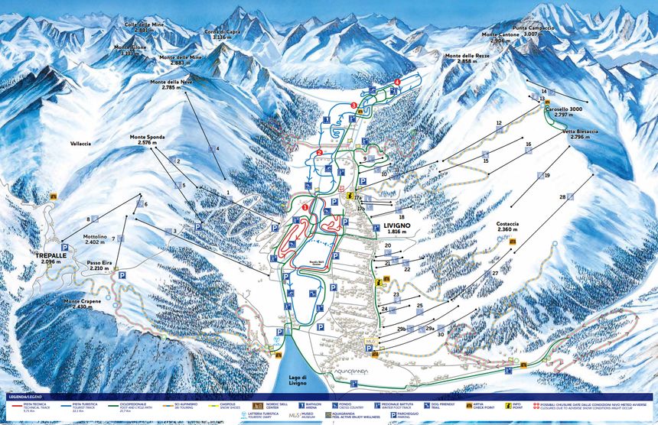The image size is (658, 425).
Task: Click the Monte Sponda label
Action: [147, 139]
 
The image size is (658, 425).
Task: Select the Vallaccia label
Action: [80, 143]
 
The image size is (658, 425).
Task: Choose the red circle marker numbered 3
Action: [353, 105]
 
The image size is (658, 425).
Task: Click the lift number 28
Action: [562, 198]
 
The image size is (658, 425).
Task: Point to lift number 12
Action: [498, 123]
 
